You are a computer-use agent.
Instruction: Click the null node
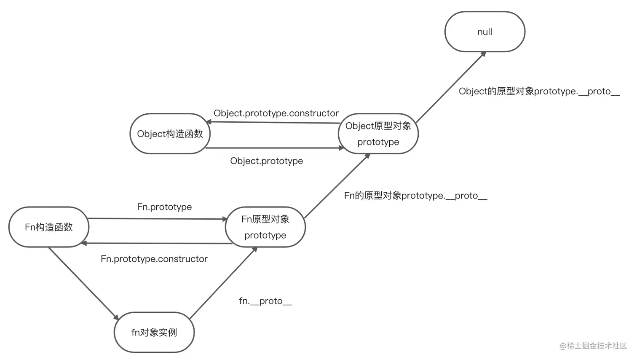(485, 32)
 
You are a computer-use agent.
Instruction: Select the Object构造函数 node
(170, 134)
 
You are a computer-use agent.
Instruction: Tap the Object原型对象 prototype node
(378, 134)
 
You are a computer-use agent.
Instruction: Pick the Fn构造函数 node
(49, 227)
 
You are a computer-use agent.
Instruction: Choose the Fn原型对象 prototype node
(265, 227)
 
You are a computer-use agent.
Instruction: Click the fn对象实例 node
(154, 332)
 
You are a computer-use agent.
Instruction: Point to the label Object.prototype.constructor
(276, 113)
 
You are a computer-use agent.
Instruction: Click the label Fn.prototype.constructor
(154, 259)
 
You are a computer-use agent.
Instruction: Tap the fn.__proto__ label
(265, 301)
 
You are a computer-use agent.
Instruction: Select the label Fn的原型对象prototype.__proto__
(415, 196)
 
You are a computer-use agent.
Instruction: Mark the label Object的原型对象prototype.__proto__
(539, 91)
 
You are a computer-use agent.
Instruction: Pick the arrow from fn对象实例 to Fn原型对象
(223, 283)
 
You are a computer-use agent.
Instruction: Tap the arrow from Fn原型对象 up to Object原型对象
(337, 186)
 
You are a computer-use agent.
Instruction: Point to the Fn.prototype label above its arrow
(164, 207)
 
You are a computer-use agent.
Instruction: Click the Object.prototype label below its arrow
(266, 161)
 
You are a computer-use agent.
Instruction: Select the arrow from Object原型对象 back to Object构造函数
(274, 123)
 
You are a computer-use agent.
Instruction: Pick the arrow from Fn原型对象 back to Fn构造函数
(156, 243)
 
